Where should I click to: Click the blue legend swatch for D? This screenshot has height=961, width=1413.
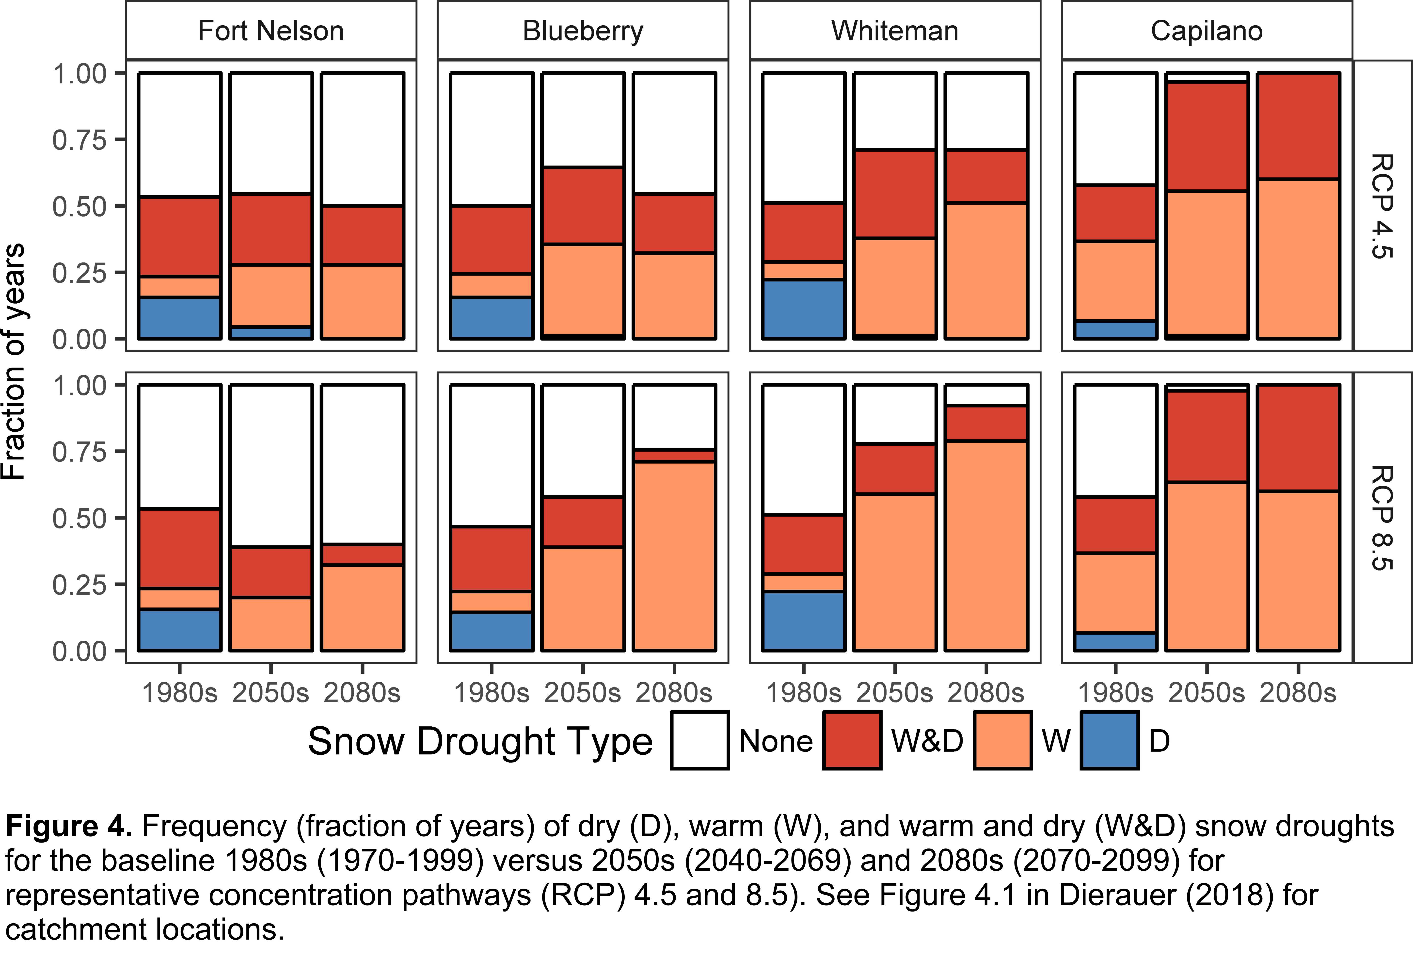pos(1110,740)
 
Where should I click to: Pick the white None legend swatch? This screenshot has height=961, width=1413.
pos(700,740)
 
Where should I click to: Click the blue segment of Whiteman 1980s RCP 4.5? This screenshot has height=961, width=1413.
pos(804,308)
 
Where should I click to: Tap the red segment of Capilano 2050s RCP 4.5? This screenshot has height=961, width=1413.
pos(1207,137)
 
